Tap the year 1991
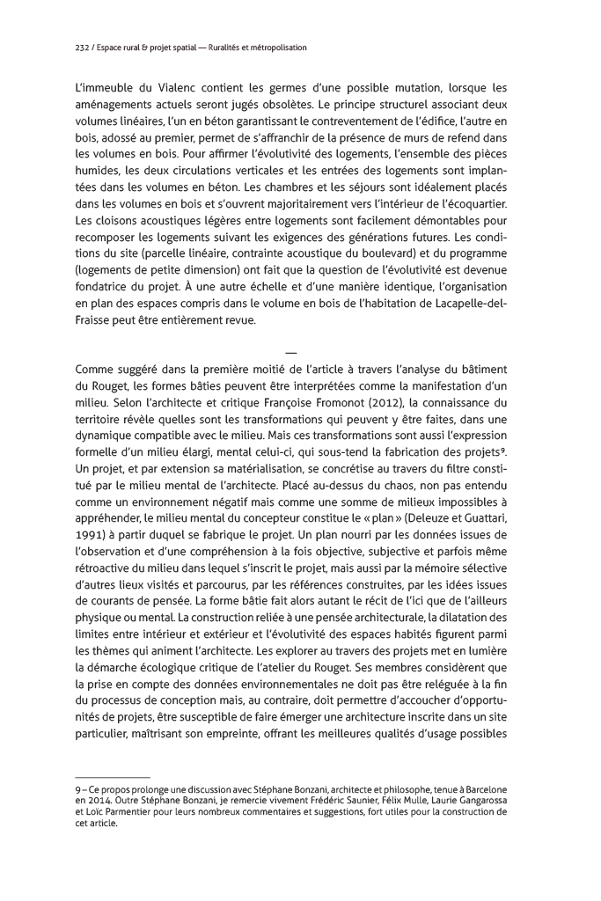(x=91, y=535)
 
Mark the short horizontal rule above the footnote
(x=102, y=778)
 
